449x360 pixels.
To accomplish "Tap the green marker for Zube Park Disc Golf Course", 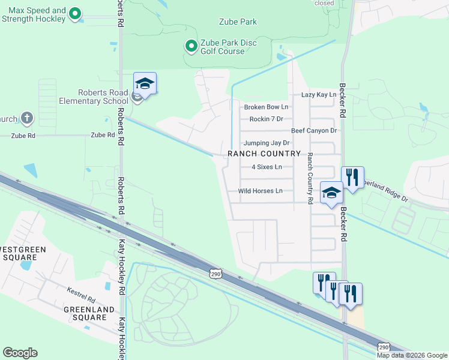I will [191, 46].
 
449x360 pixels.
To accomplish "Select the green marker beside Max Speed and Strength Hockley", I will [75, 13].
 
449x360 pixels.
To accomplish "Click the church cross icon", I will [26, 118].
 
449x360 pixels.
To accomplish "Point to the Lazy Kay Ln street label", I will [318, 95].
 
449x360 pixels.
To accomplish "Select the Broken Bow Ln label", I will [266, 107].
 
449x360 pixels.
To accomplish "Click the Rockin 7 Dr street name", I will [266, 119].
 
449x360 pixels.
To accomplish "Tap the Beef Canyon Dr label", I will [314, 131].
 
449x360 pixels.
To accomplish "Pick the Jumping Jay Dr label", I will [267, 143].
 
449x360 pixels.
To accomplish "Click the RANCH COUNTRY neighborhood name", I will [264, 154].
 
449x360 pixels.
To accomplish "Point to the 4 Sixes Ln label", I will [267, 167].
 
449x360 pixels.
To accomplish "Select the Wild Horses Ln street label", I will [260, 191].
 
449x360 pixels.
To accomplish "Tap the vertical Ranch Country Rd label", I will [310, 178].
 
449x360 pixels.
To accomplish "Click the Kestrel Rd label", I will [81, 298].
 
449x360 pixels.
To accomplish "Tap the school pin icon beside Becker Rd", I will [331, 193].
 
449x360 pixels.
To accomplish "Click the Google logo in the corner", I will [20, 353].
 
